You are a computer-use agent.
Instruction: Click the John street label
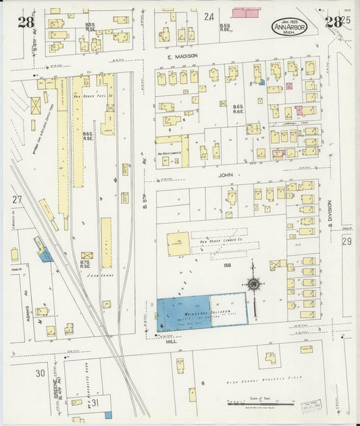point(227,174)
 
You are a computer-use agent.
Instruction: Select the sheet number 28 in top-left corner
point(26,22)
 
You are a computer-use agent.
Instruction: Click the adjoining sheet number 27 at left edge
point(17,200)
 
